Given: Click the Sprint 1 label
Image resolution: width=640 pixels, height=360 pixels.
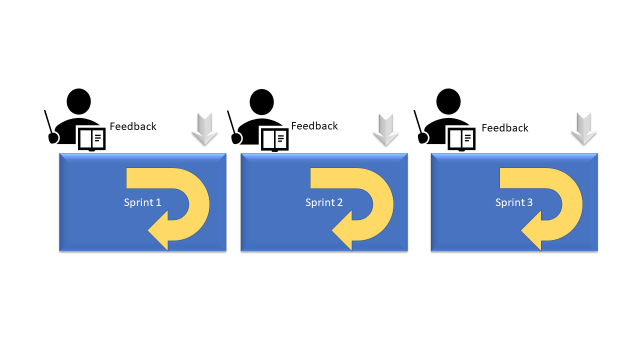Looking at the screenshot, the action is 142,202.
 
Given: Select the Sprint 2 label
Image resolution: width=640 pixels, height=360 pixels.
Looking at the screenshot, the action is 324,202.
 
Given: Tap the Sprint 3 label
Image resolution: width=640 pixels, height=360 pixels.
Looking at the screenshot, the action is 514,202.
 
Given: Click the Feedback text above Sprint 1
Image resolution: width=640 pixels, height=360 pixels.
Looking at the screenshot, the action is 133,126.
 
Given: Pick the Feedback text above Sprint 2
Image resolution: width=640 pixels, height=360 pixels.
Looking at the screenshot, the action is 314,125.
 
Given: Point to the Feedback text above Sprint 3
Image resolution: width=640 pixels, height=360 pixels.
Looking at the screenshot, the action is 505,127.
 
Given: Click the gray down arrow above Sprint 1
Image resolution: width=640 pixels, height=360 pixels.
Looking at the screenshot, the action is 204,129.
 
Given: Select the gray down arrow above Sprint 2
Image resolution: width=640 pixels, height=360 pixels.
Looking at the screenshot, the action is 385,129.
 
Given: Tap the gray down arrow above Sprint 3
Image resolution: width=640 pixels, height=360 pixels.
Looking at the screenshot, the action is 583,129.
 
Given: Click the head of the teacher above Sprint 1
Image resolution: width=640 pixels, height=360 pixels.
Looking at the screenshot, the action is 79,101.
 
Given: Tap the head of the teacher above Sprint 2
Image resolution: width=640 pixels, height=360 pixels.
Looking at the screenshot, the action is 261,101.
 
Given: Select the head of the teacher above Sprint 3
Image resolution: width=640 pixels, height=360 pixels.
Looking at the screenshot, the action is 448,101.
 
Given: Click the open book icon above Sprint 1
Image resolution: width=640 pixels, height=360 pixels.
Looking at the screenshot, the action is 91,139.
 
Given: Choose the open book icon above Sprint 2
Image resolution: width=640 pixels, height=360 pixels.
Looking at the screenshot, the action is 275,139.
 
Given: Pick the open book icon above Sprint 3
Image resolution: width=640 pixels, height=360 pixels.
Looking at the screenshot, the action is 461,139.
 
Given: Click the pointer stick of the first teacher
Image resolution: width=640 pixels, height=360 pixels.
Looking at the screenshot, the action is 48,121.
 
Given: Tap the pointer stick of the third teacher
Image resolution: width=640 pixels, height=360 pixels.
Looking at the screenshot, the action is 418,121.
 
